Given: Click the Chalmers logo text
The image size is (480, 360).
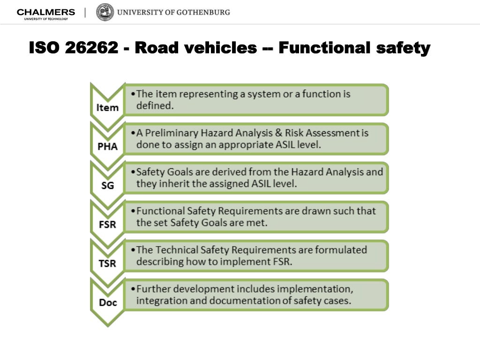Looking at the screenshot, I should [45, 12].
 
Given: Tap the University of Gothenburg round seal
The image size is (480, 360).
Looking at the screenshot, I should [105, 12].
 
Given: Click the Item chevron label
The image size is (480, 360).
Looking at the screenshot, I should [107, 107].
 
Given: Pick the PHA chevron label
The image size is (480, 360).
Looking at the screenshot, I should [107, 146].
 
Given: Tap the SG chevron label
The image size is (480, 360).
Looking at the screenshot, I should [107, 185].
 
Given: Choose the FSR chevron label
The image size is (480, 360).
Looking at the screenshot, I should [107, 224].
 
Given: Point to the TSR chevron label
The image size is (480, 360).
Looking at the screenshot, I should [107, 263].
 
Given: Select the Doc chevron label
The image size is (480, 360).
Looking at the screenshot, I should [107, 302].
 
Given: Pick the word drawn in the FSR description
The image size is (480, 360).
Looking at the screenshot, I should [302, 211].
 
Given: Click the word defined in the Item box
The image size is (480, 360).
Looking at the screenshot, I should [155, 106].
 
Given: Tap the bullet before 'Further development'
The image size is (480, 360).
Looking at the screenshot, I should [134, 289].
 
